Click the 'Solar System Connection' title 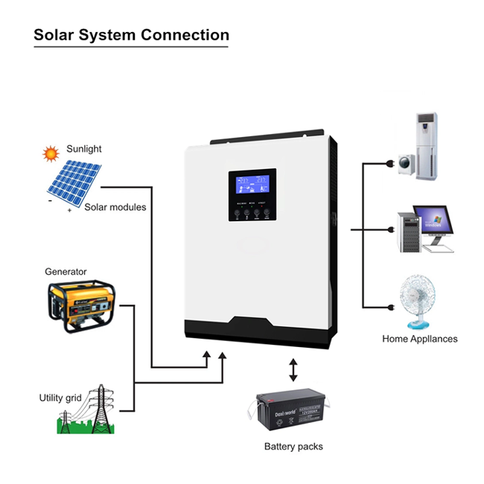132,35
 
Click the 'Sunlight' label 84,149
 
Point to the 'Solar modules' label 115,206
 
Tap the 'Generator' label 66,272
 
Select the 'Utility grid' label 60,398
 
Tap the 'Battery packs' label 293,447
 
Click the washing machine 407,163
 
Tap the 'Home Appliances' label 419,339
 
